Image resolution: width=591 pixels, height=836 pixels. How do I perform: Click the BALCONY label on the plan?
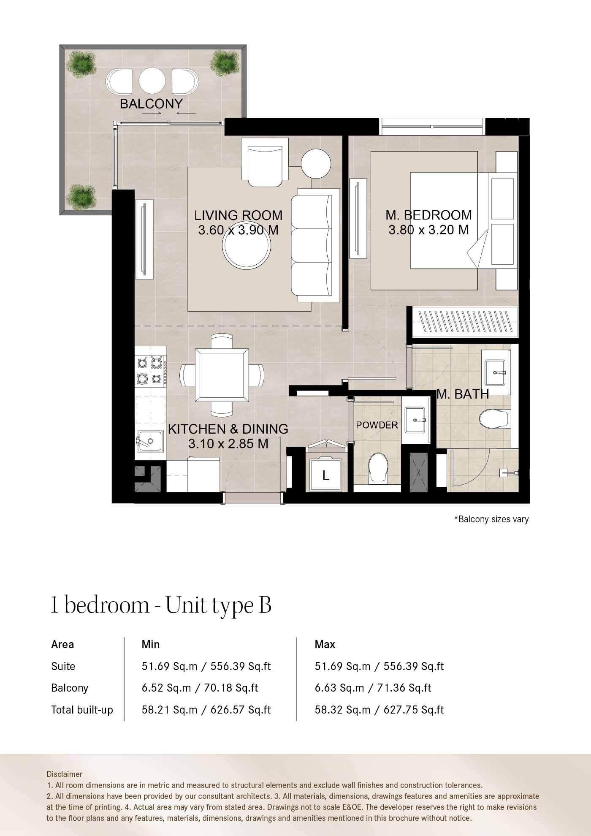(151, 103)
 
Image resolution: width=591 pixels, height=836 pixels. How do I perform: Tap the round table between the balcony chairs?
(152, 81)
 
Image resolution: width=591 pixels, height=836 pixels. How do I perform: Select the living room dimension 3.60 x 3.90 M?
(238, 230)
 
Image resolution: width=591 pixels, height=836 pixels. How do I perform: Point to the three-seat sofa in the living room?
(314, 245)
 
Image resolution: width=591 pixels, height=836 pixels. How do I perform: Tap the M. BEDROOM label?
(428, 215)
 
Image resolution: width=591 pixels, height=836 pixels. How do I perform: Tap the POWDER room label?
(377, 425)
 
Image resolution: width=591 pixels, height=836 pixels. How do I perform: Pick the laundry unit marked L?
(325, 475)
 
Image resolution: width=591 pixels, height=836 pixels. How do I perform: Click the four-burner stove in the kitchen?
(150, 370)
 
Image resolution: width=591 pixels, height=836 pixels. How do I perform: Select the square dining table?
(222, 376)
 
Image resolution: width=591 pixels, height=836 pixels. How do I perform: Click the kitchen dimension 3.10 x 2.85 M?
(228, 444)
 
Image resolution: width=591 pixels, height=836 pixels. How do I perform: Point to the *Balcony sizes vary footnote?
(491, 519)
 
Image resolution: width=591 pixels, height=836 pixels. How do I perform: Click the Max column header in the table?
(325, 644)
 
